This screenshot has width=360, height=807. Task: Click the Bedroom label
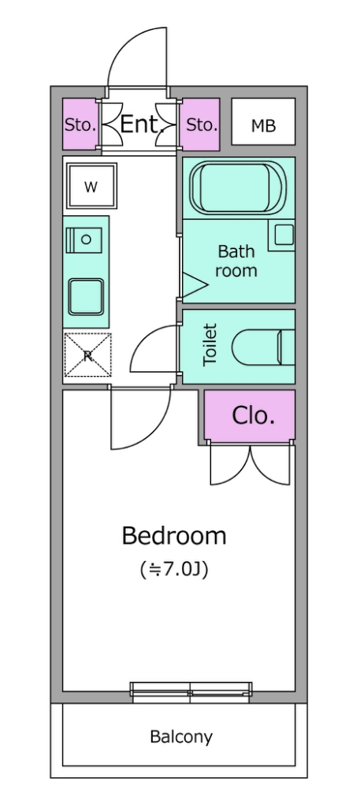coord(174,536)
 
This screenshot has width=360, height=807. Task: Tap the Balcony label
coord(181,737)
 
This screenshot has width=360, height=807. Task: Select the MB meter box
coord(263,121)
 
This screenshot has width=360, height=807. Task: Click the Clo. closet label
coord(253,415)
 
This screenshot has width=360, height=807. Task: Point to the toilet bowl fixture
coord(263,348)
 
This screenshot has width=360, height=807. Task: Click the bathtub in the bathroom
coord(238,188)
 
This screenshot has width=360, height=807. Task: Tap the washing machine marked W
coord(91,186)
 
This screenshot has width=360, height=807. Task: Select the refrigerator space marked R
coord(87,355)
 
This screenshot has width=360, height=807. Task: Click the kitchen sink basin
coord(87,296)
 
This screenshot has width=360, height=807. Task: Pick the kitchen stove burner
coord(84,240)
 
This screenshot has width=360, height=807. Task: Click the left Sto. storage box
coord(81,124)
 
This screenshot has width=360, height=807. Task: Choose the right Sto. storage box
coord(201,124)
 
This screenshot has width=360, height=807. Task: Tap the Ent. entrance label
coord(142,125)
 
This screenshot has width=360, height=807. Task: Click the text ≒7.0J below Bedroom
coord(174,569)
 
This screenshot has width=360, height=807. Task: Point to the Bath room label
coord(236,261)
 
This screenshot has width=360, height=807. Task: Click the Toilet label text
coord(210,344)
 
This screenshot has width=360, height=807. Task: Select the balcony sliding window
coord(191,692)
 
